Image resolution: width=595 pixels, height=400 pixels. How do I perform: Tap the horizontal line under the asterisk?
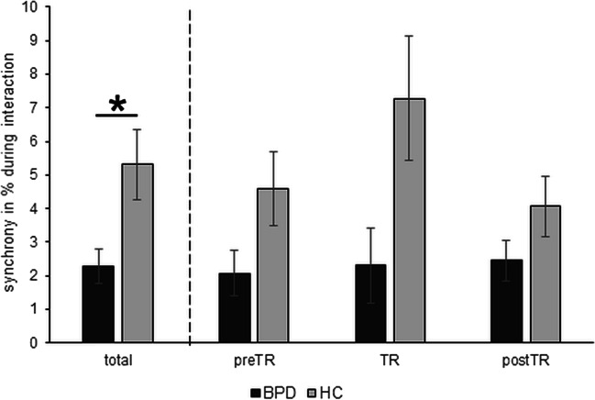coord(116,116)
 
